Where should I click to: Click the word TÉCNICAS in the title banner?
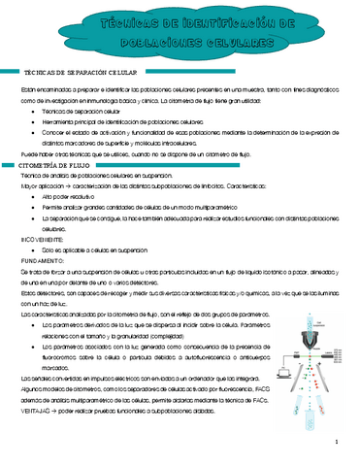(x=127, y=22)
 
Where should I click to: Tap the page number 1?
(x=333, y=444)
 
